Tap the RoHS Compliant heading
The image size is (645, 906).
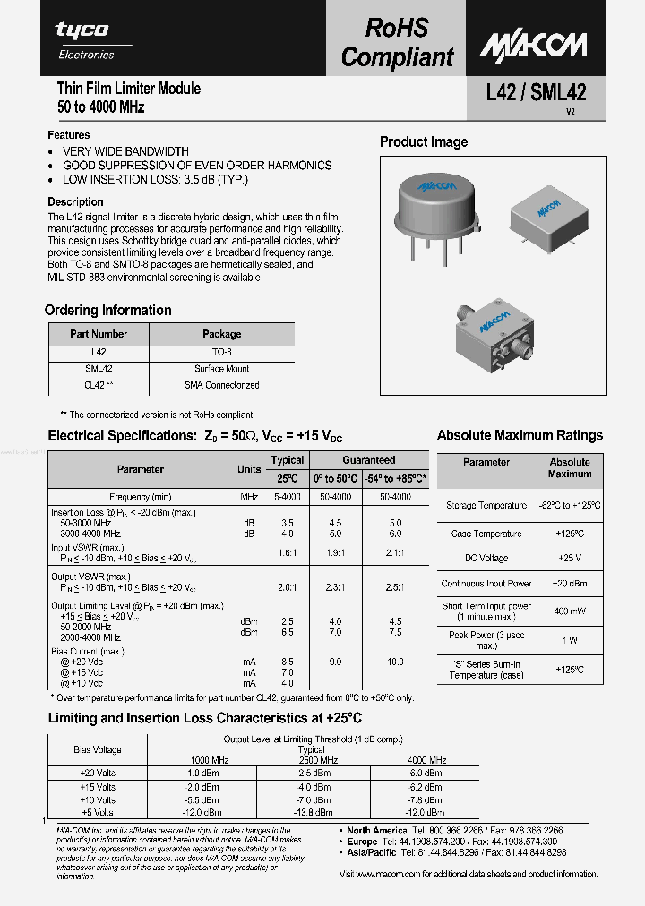click(397, 42)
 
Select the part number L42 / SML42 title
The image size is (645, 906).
click(536, 91)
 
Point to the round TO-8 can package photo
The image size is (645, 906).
click(436, 210)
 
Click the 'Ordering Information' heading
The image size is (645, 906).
click(108, 311)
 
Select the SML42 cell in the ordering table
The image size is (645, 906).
click(99, 368)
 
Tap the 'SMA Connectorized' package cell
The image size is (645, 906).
click(221, 385)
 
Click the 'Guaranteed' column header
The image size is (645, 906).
click(368, 460)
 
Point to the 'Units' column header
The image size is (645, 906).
click(249, 469)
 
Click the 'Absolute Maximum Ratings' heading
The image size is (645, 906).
click(520, 436)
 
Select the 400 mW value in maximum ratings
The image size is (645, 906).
click(570, 611)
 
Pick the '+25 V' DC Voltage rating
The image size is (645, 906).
click(570, 558)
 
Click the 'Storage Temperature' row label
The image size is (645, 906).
click(486, 506)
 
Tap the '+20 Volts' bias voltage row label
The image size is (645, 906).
click(98, 772)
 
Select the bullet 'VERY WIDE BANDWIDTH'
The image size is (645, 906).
click(125, 151)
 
